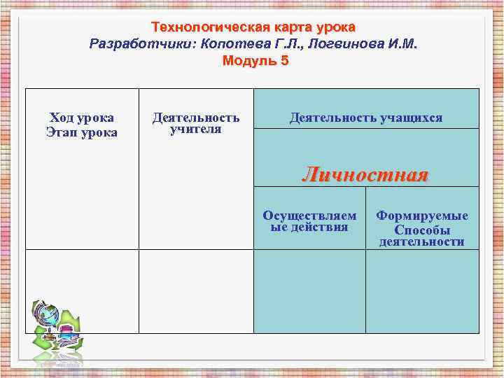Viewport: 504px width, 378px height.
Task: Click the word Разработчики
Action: (142, 44)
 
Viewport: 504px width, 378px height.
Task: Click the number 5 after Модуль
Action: (284, 61)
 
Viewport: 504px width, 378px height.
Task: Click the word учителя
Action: (196, 130)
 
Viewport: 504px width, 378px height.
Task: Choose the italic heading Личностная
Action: (365, 174)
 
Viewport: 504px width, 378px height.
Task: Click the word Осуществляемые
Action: (309, 216)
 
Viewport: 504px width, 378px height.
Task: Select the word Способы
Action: (422, 230)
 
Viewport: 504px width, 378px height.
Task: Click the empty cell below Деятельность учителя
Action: (196, 291)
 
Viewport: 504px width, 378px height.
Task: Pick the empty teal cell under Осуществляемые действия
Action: (309, 291)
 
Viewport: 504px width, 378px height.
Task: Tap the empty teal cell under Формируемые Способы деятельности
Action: (422, 291)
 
